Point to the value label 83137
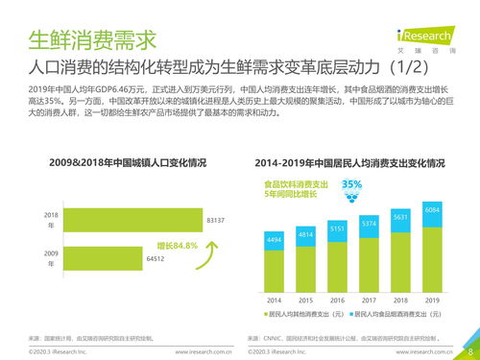[216, 221]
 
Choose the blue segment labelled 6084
[432, 209]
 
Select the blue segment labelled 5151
[338, 228]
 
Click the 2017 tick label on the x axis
[369, 298]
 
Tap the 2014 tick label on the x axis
[275, 298]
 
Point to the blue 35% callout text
[351, 183]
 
